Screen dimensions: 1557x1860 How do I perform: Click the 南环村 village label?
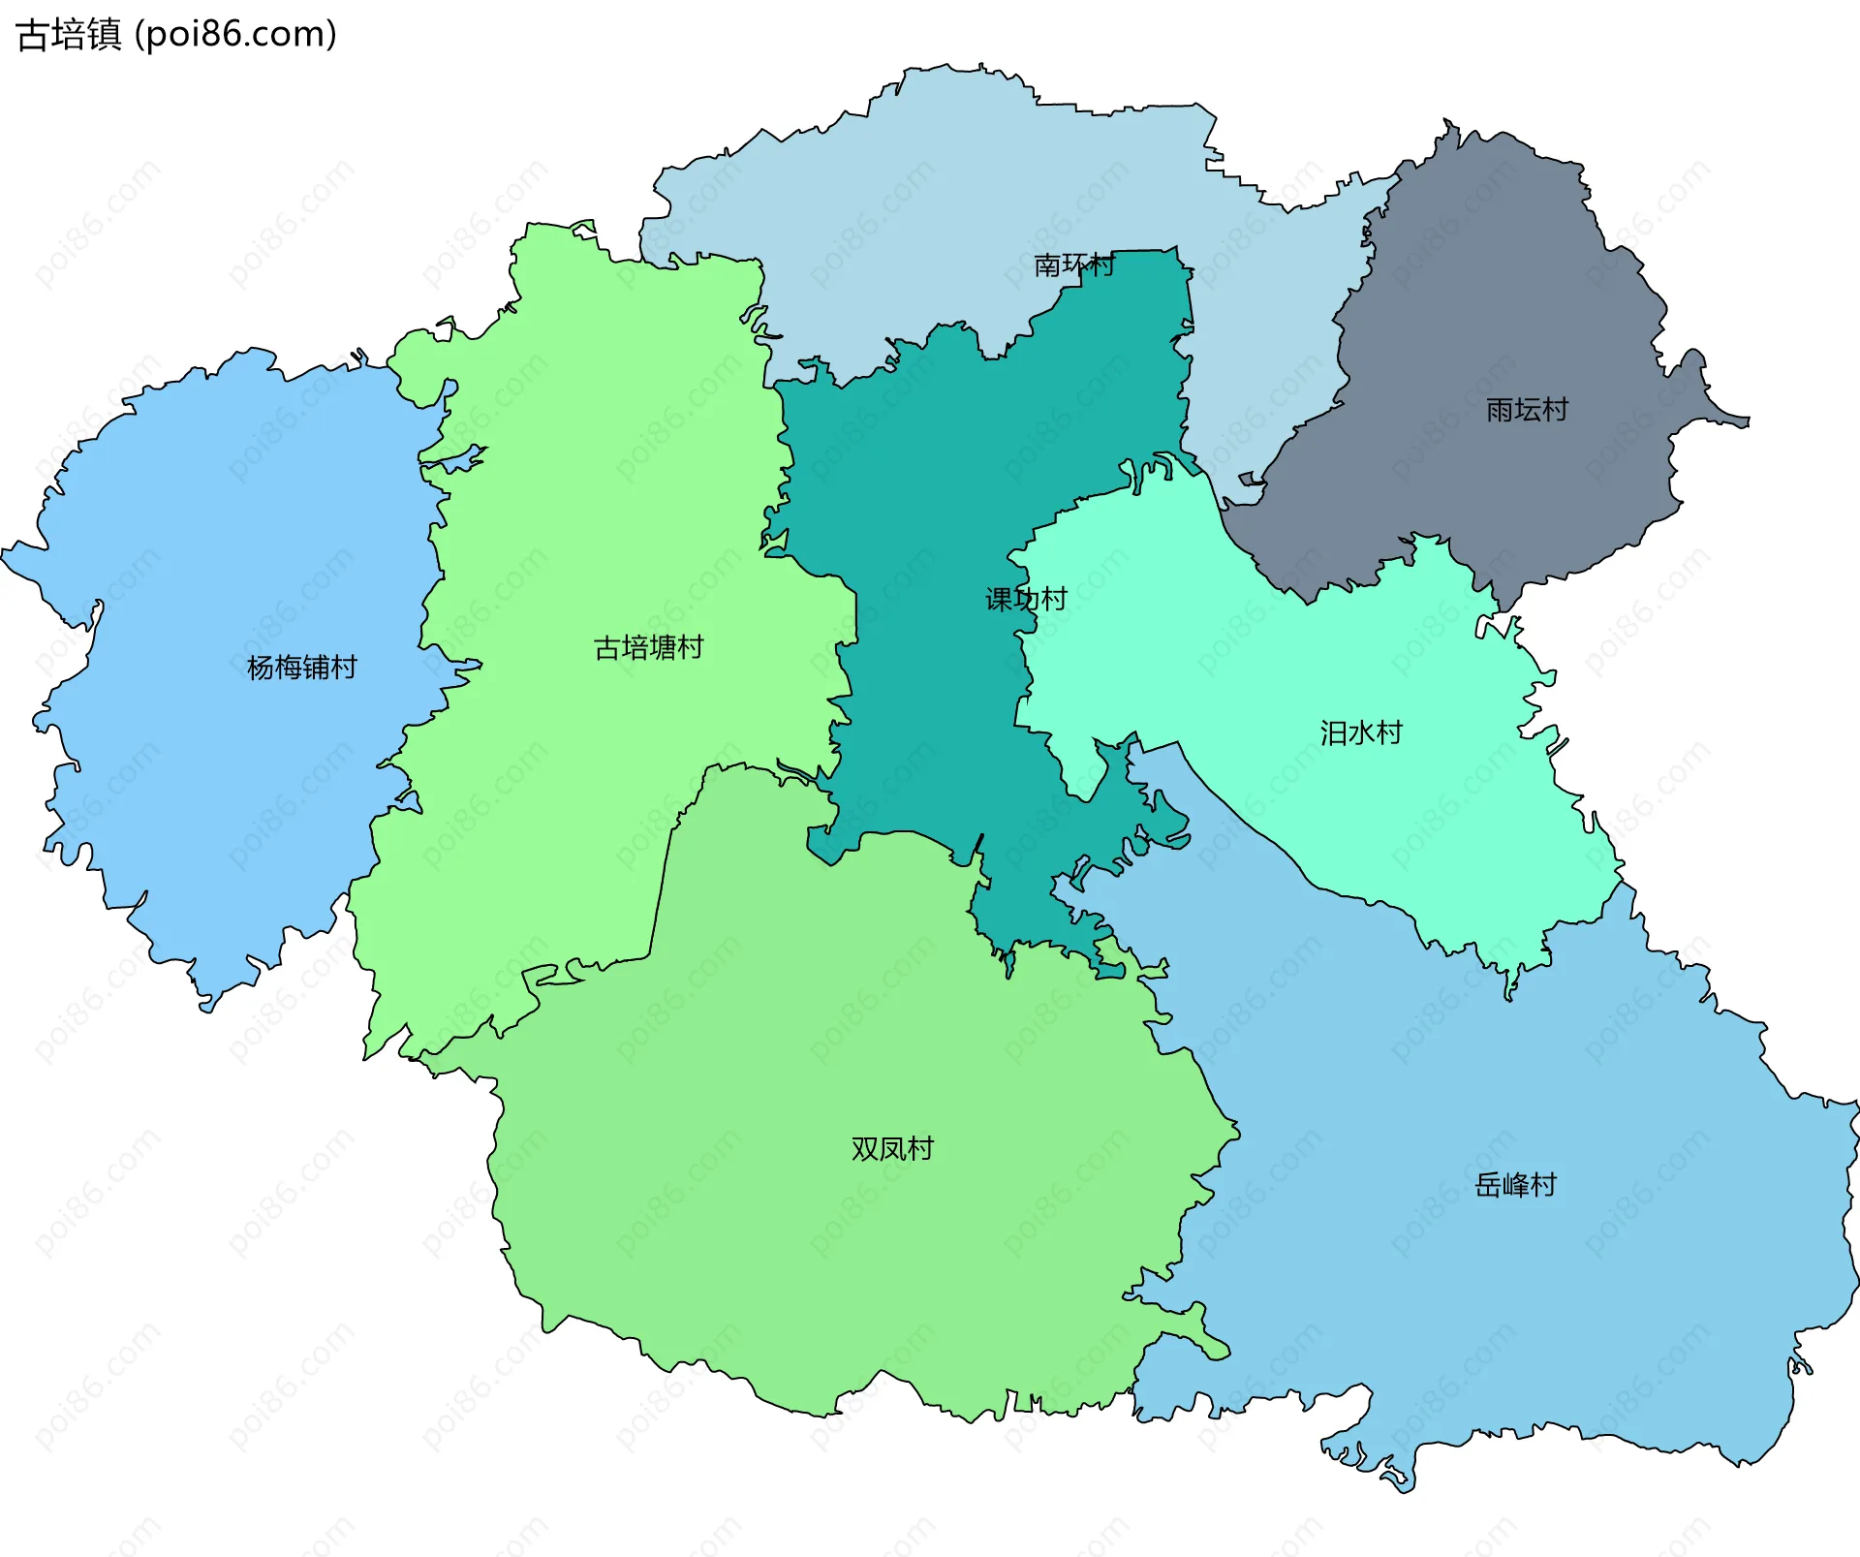pos(1073,265)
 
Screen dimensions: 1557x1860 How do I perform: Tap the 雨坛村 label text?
pos(1527,410)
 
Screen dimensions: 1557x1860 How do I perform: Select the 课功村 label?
pos(1026,599)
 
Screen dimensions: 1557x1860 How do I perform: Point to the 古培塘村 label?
pos(648,647)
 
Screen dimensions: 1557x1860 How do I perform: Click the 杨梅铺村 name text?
pos(301,667)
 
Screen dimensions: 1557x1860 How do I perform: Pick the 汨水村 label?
pos(1361,732)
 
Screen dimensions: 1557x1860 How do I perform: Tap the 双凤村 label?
pos(892,1148)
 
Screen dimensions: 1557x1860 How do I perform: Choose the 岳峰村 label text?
pos(1515,1184)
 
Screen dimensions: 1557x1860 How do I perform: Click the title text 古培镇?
pos(69,35)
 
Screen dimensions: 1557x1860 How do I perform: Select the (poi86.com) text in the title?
pos(236,35)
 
